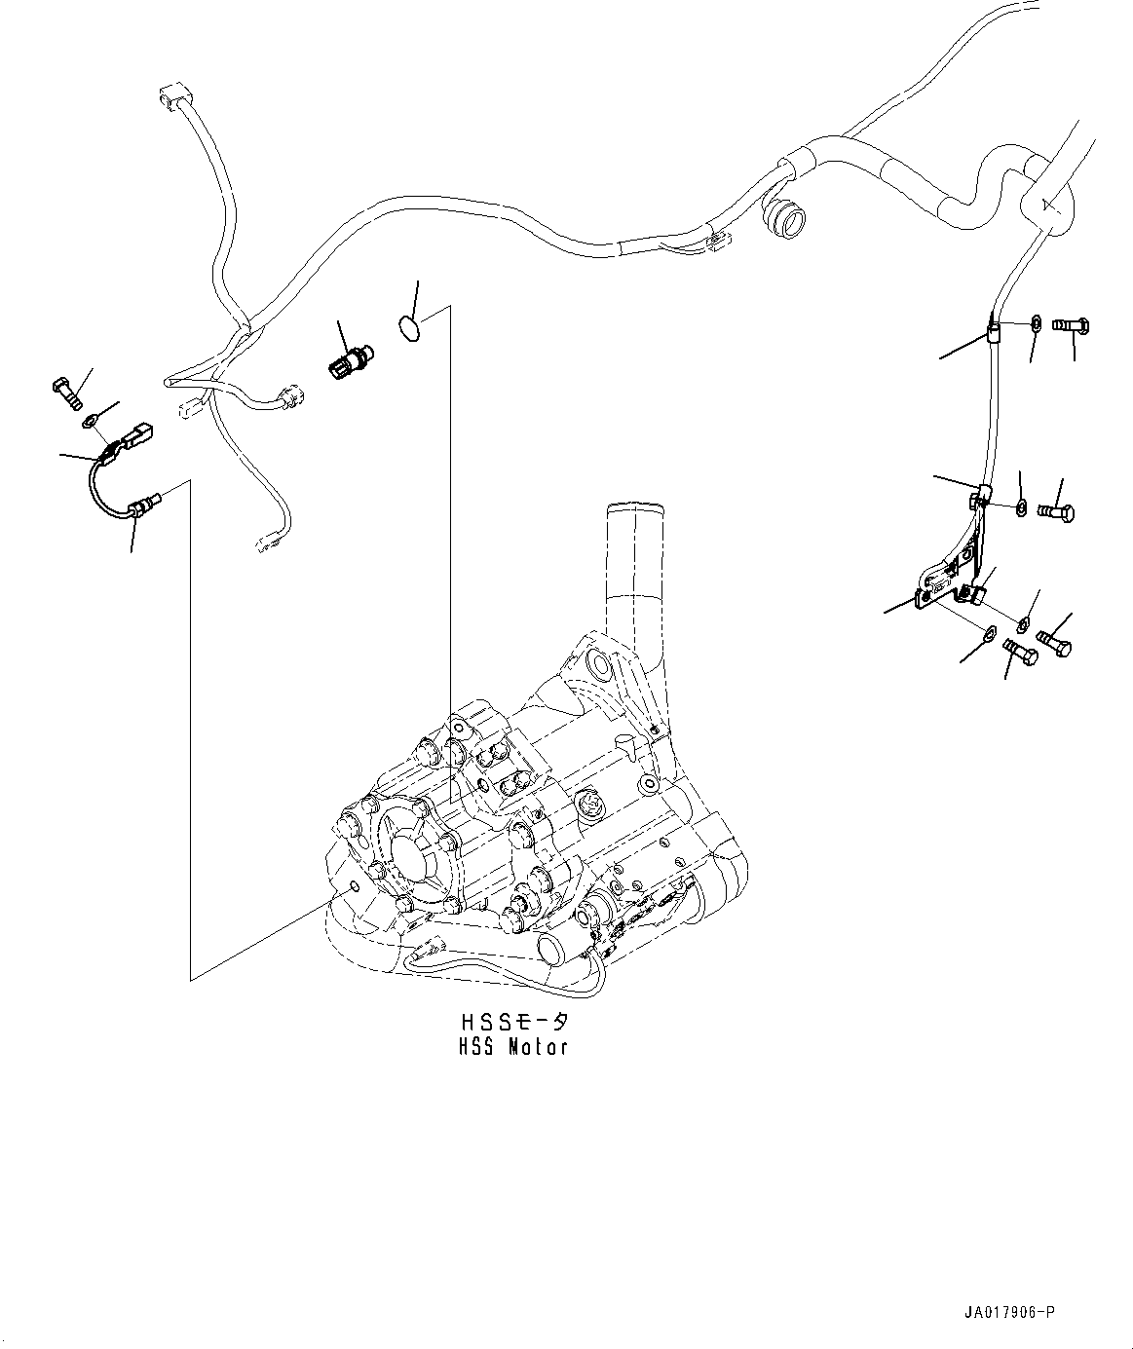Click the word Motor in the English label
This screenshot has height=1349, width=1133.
537,1048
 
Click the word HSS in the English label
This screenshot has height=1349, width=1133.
477,1048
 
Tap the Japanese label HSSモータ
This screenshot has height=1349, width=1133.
513,1024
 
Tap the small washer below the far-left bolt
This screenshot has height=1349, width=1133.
89,421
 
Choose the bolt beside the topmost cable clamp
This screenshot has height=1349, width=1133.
1069,327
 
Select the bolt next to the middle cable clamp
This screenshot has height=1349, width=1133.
1056,509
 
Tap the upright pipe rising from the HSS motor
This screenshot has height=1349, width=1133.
631,575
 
